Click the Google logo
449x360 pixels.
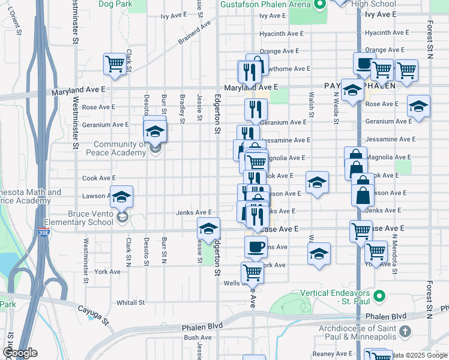pyautogui.click(x=19, y=353)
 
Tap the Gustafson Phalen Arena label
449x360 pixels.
pyautogui.click(x=265, y=5)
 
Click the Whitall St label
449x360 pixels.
pyautogui.click(x=131, y=303)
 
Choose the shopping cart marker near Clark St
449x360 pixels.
pyautogui.click(x=114, y=63)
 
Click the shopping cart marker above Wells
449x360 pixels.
pyautogui.click(x=253, y=272)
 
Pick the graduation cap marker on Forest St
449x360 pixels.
pyautogui.click(x=418, y=107)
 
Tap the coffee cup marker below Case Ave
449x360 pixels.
pyautogui.click(x=256, y=247)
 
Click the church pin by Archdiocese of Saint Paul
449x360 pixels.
pyautogui.click(x=405, y=331)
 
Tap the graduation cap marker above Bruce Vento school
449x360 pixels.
pyautogui.click(x=121, y=196)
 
